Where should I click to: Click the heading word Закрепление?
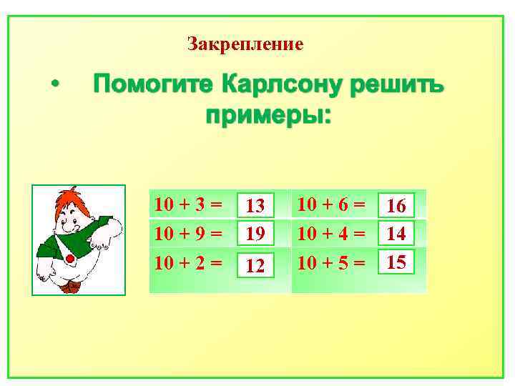pyautogui.click(x=245, y=44)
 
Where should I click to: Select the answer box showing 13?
pyautogui.click(x=255, y=206)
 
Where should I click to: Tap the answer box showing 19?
pyautogui.click(x=255, y=232)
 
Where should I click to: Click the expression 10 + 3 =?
pyautogui.click(x=188, y=205)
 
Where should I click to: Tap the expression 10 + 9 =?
pyautogui.click(x=188, y=233)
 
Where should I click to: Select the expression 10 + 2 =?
pyautogui.click(x=188, y=262)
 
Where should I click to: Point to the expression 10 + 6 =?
pyautogui.click(x=331, y=204)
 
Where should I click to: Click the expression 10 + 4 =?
pyautogui.click(x=331, y=233)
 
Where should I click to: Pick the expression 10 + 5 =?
pyautogui.click(x=331, y=262)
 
